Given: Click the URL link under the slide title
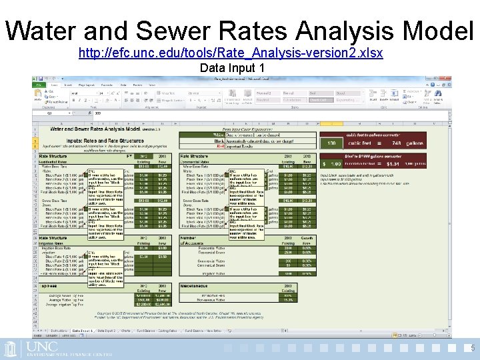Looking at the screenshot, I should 231,53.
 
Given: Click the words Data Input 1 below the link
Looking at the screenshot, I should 232,68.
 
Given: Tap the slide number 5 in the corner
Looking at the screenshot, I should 472,347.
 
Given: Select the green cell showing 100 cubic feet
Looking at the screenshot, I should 331,143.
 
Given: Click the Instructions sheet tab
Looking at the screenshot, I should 59,330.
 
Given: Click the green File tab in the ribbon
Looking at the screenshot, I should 39,85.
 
